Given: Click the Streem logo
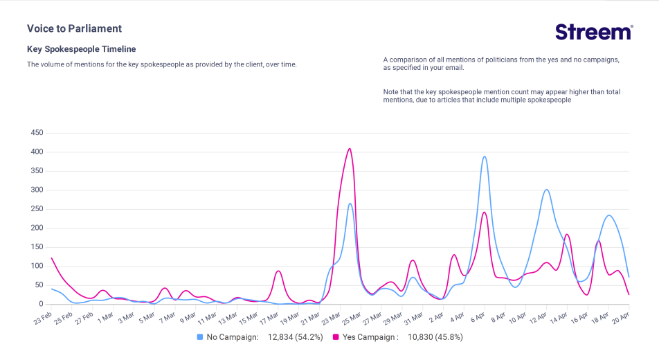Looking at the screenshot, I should pos(594,32).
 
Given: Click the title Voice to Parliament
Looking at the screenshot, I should pos(74,28).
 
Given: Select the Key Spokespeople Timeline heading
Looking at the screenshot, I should pos(81,49).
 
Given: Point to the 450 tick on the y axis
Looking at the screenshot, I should pos(36,133).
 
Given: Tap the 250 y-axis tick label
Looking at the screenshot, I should pos(36,209).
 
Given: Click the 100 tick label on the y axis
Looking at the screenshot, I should pos(36,266).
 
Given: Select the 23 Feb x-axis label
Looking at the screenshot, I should pos(42,318).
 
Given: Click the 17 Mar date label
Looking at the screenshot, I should pos(269,318).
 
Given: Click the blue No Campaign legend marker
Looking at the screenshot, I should pos(200,337).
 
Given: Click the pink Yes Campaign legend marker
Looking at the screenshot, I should pos(336,337).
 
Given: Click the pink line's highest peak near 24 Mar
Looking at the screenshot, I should pos(350,148).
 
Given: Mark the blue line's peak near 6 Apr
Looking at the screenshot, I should pos(485,156).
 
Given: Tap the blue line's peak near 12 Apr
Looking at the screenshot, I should pos(547,190).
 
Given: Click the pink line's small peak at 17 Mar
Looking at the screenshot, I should pos(278,271).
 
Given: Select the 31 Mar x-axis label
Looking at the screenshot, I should pos(413,318).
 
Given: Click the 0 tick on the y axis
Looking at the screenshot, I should pos(41,304).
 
